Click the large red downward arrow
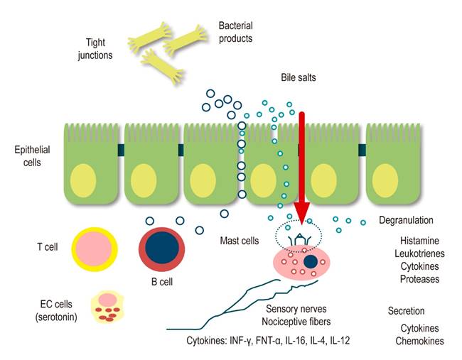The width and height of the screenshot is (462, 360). coord(301,163)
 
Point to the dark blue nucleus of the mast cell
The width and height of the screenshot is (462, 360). coord(310,263)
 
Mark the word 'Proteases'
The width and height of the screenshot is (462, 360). coord(417,279)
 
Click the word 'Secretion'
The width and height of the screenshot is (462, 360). coord(406,311)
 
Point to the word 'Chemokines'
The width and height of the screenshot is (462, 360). coord(419,341)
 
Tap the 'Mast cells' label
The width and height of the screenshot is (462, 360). coord(240,241)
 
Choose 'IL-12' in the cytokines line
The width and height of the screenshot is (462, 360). coord(338,341)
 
